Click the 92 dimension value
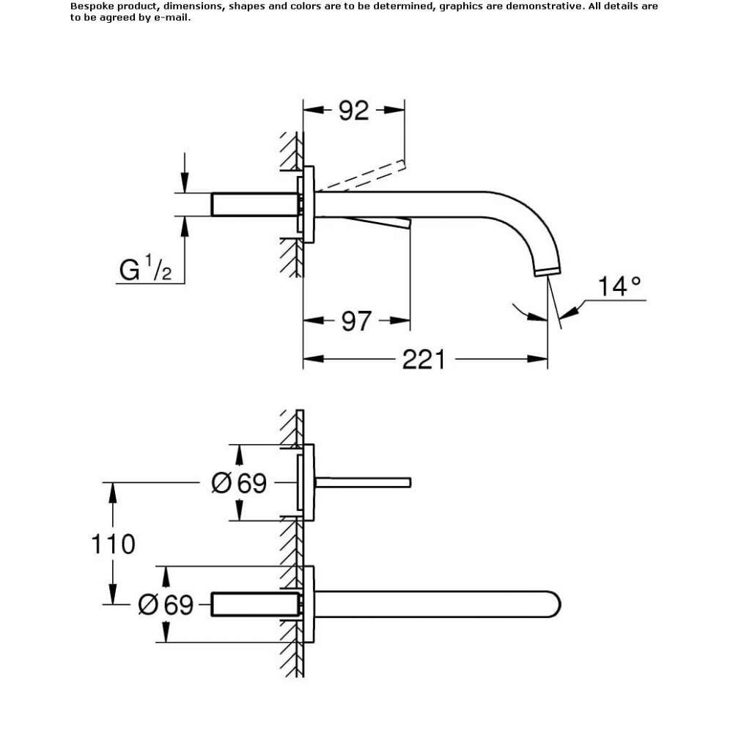coord(353,111)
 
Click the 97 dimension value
coord(356,321)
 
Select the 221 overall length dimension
coord(424,359)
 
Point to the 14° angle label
coord(619,286)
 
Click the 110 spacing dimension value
coord(113,544)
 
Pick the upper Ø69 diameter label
coord(239,482)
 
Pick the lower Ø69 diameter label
coord(166,605)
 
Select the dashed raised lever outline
coord(360,175)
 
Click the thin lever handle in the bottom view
coord(363,482)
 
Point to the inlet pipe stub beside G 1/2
coord(254,205)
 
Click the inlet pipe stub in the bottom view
coord(254,605)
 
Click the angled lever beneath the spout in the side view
coord(374,222)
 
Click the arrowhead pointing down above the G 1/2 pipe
coord(185,183)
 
